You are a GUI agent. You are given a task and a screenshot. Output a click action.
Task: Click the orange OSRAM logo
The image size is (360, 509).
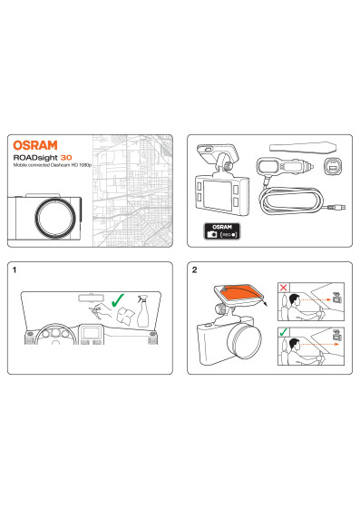click(35, 145)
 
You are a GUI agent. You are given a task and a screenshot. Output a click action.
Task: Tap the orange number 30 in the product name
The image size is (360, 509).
click(66, 158)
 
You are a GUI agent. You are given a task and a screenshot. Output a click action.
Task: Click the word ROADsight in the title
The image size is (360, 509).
click(35, 158)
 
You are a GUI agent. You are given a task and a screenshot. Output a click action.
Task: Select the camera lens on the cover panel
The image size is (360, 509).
click(55, 217)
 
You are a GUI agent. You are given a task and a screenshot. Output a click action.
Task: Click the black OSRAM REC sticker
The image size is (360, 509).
click(222, 230)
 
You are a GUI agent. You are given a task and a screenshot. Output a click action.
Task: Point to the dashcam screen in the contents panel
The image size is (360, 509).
click(218, 195)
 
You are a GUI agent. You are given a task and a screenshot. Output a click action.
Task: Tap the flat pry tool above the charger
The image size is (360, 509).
click(303, 147)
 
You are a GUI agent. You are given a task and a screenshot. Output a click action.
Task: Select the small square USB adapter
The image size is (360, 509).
click(333, 166)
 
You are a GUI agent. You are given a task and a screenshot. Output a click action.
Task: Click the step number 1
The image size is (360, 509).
click(15, 269)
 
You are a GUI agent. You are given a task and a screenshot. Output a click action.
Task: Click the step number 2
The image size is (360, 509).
click(194, 269)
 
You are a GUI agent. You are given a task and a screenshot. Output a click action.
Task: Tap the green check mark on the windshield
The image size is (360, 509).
click(117, 300)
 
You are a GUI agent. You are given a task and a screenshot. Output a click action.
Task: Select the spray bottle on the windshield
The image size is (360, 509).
click(142, 311)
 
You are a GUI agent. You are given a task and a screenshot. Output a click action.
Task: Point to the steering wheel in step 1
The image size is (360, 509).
click(56, 334)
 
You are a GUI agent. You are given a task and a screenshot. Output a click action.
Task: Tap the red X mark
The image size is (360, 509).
click(284, 288)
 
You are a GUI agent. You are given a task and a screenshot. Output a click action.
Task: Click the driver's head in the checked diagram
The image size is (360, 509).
click(295, 344)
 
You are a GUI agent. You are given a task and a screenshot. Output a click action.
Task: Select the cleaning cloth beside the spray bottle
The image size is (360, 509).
click(125, 316)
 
